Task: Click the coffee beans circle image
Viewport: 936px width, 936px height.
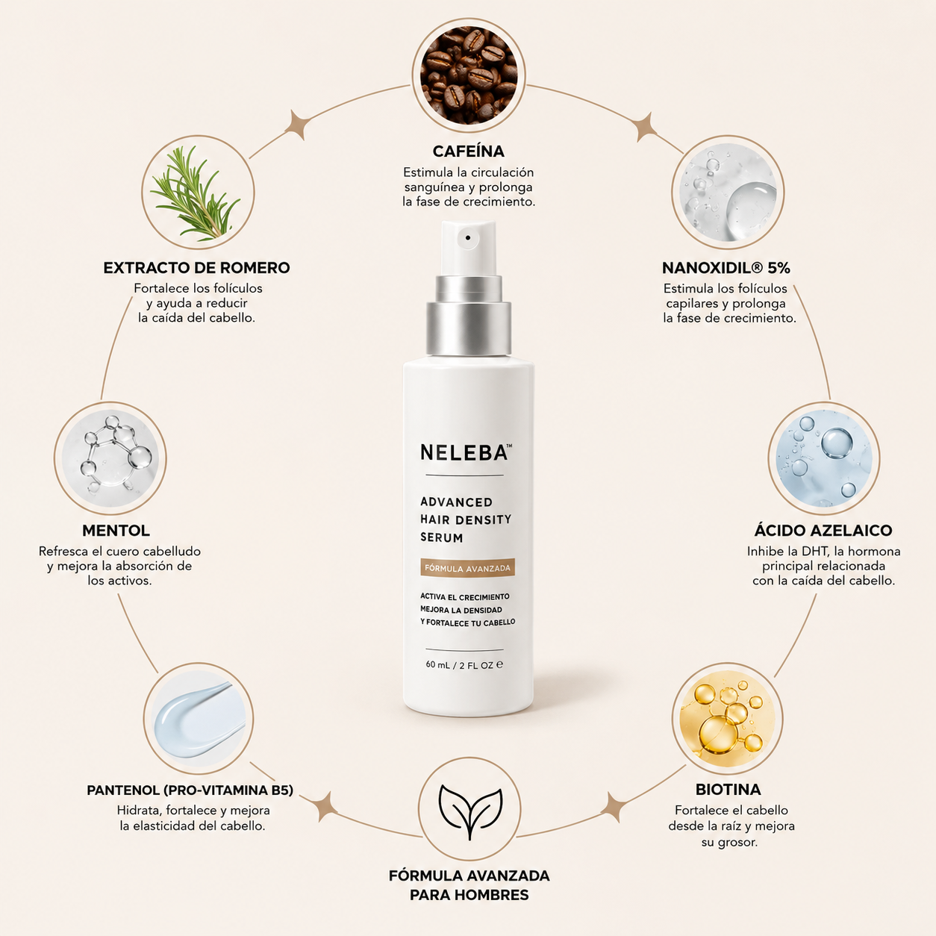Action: click(469, 75)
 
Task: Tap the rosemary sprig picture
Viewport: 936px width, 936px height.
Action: click(198, 192)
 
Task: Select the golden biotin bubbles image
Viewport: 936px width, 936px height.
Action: click(728, 718)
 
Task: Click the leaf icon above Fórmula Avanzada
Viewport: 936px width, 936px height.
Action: click(469, 811)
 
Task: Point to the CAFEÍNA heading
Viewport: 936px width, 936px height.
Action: click(469, 152)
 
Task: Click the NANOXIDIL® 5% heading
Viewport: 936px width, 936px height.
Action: click(726, 268)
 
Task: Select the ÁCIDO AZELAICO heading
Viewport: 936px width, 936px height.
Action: click(823, 531)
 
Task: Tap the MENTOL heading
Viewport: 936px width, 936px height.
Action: click(116, 531)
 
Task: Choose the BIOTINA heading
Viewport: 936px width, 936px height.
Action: click(728, 789)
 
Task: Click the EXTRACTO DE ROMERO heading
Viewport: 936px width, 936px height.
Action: click(197, 268)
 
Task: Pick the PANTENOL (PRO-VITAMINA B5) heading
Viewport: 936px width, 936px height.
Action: click(190, 790)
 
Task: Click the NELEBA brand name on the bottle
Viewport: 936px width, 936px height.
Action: click(464, 453)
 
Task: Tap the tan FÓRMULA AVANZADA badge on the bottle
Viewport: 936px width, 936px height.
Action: click(467, 568)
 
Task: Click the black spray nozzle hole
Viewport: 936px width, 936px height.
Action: click(468, 238)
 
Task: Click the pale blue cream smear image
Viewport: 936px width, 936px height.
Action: click(199, 718)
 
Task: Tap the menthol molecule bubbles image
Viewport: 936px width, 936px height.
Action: click(110, 458)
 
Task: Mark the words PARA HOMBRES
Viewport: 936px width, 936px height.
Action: click(469, 894)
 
